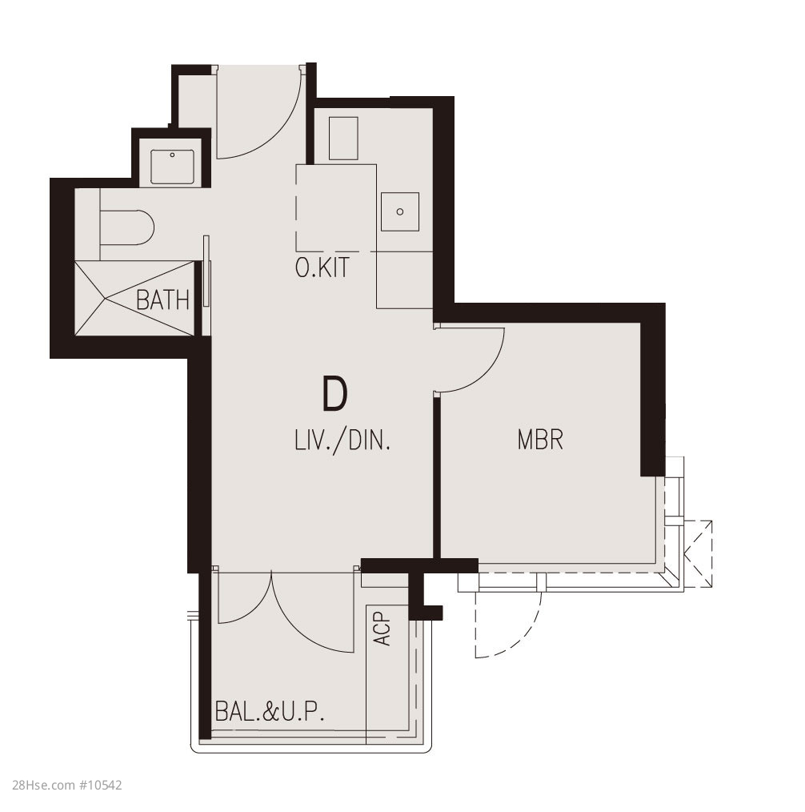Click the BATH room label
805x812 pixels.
tap(162, 299)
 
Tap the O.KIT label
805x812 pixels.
tap(322, 267)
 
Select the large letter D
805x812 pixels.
tap(334, 394)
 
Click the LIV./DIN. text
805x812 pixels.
tap(342, 440)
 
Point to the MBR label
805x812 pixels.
tap(540, 439)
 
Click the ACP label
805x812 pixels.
tap(382, 629)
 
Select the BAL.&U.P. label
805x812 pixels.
tap(270, 711)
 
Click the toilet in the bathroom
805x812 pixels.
tap(126, 227)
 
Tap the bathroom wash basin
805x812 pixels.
tap(172, 167)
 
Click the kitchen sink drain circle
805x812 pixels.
tap(400, 211)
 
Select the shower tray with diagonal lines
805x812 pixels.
tap(134, 298)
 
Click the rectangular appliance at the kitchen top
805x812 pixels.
tap(343, 139)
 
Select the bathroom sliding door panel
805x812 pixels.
tap(206, 271)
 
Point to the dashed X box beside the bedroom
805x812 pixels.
tap(698, 553)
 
